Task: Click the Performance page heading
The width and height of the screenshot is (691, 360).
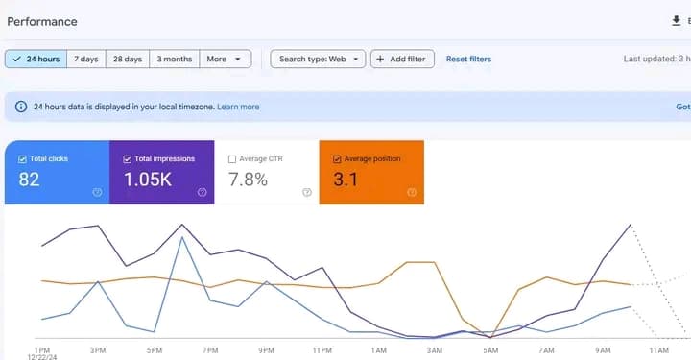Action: click(42, 21)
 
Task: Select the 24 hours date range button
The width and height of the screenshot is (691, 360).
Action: click(36, 60)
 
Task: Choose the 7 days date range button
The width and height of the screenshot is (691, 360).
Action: click(85, 60)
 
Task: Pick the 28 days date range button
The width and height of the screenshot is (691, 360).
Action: click(127, 60)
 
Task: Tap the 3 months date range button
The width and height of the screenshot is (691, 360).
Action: click(174, 60)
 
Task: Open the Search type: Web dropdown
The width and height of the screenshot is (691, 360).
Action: click(318, 60)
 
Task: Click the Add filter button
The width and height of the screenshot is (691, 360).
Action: click(402, 60)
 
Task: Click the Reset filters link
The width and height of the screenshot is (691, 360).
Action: click(468, 60)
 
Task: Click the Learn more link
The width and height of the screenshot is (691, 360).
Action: click(238, 108)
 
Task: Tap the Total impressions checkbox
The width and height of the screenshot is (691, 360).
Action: click(128, 159)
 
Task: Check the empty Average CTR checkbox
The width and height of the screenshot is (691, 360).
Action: click(232, 159)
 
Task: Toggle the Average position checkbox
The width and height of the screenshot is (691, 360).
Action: click(337, 159)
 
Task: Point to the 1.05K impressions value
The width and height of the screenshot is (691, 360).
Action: click(148, 179)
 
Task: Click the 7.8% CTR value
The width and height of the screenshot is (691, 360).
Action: click(249, 179)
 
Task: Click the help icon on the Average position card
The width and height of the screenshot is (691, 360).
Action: click(411, 192)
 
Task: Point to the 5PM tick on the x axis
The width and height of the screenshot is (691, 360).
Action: click(154, 350)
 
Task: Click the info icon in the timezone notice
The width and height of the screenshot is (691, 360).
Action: click(21, 108)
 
